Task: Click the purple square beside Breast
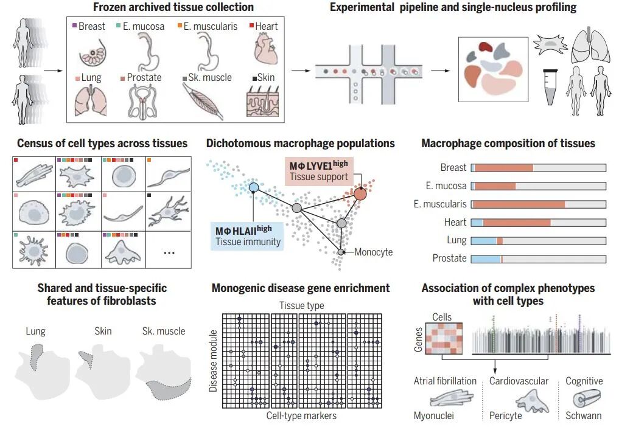click(x=74, y=26)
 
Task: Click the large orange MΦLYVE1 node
click(x=360, y=193)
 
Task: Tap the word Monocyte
click(x=373, y=252)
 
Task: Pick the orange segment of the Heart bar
click(x=517, y=223)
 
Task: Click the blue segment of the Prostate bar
click(x=486, y=259)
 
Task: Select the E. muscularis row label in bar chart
click(x=440, y=204)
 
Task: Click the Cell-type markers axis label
click(x=301, y=416)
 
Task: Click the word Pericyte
click(x=506, y=416)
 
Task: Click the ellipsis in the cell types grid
click(x=169, y=252)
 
